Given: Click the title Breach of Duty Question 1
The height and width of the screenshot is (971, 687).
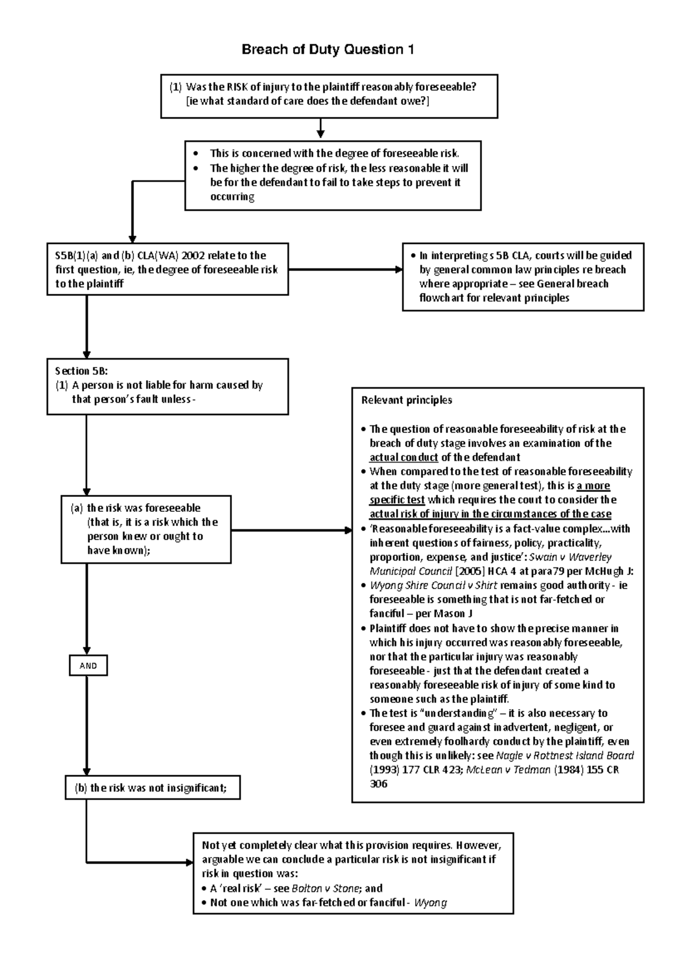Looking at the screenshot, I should [x=327, y=50].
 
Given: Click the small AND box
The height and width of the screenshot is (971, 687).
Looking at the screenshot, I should [x=88, y=666].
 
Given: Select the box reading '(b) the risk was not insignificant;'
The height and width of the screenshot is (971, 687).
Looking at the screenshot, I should [x=152, y=788].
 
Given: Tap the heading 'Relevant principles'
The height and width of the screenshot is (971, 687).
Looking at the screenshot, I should [x=406, y=400].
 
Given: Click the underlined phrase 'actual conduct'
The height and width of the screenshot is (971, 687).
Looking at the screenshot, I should [x=404, y=457].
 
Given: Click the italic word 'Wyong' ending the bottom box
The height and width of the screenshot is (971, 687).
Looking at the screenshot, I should [x=430, y=903].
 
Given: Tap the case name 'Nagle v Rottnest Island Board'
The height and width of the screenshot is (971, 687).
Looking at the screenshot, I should [x=564, y=756].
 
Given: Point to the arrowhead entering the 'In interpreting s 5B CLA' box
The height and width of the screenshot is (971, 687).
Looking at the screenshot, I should [x=399, y=270].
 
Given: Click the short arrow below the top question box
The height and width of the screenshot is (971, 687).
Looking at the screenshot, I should [x=321, y=129].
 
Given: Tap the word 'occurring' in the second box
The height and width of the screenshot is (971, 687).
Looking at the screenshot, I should [x=232, y=197].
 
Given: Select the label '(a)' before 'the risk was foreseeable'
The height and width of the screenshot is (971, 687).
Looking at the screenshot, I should [x=77, y=508].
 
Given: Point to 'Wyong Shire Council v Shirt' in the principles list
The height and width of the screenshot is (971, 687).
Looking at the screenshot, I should [x=433, y=585].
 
